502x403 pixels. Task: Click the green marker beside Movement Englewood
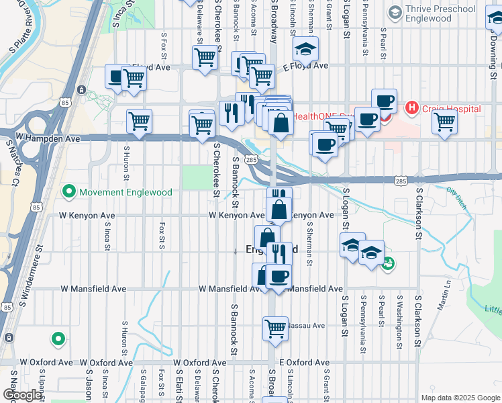click(68, 192)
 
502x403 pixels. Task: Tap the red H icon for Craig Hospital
click(411, 108)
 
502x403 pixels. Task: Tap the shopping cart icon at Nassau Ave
click(275, 328)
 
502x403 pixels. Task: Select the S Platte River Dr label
click(23, 27)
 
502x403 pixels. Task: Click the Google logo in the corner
click(22, 395)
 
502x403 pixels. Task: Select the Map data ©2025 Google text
click(460, 398)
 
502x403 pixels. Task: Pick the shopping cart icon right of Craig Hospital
click(444, 123)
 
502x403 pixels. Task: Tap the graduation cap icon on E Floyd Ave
click(305, 48)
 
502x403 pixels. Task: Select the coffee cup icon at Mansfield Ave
click(278, 275)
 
